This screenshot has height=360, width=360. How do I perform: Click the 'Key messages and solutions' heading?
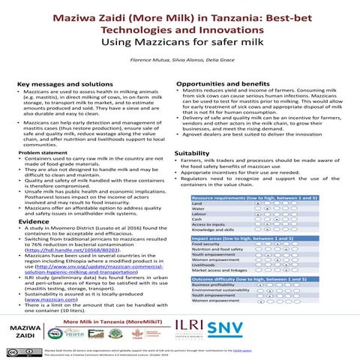coord(59,84)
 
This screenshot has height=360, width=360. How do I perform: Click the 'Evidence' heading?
coord(34,222)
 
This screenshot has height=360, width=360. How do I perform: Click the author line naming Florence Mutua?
coord(179,58)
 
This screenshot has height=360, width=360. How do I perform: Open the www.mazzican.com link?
coord(54,298)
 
